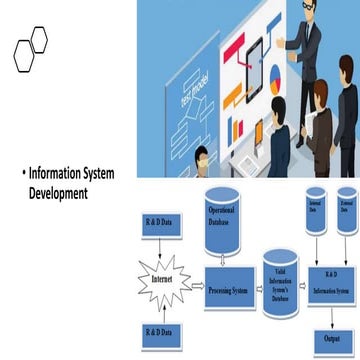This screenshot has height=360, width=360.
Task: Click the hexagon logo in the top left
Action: coord(30,49)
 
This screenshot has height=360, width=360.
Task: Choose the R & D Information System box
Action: coord(330,286)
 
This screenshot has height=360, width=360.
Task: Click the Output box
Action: coord(330,338)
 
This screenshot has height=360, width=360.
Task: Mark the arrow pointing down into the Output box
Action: coord(330,318)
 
